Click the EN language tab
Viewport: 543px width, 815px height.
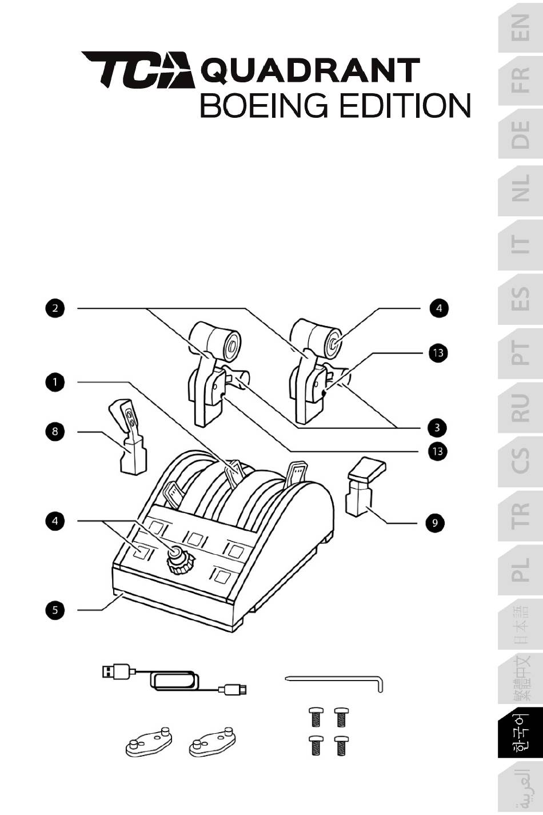pyautogui.click(x=520, y=27)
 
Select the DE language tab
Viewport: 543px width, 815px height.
pyautogui.click(x=520, y=135)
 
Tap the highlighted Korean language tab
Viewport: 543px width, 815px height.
pyautogui.click(x=520, y=733)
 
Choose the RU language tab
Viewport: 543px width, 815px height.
pyautogui.click(x=520, y=407)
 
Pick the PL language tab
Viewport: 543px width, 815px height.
pyautogui.click(x=520, y=570)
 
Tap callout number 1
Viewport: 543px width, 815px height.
pyautogui.click(x=55, y=381)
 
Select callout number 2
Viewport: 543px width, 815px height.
pyautogui.click(x=55, y=308)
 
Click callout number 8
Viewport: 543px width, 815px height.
pyautogui.click(x=55, y=431)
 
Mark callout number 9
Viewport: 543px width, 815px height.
pyautogui.click(x=435, y=523)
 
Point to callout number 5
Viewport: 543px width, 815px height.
pyautogui.click(x=55, y=610)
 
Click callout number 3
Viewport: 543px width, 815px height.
pyautogui.click(x=438, y=427)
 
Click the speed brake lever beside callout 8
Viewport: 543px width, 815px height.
pyautogui.click(x=129, y=437)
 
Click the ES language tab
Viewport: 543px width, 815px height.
pyautogui.click(x=520, y=298)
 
